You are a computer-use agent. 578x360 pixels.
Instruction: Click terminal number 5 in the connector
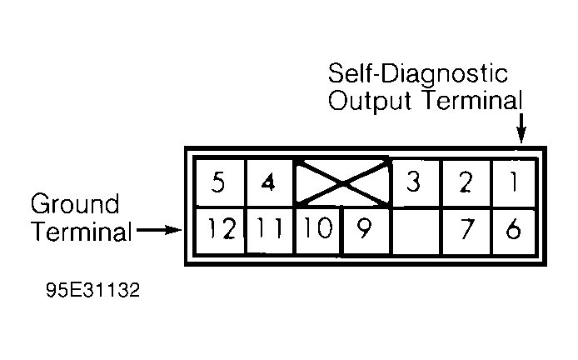coord(220,182)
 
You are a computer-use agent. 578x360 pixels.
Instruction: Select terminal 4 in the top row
coord(269,182)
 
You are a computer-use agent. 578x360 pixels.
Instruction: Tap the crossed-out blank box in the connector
coord(342,182)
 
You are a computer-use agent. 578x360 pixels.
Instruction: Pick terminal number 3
coord(415,182)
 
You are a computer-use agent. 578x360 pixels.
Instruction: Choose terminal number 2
coord(466,182)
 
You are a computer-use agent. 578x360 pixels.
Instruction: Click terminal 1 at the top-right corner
coord(514,182)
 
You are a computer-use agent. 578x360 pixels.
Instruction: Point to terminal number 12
coord(220,231)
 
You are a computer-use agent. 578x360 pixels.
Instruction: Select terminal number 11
coord(269,231)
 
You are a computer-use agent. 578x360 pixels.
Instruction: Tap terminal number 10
coord(318,231)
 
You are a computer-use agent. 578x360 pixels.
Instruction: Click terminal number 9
coord(366,231)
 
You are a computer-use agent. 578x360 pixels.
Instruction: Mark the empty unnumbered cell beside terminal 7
coord(416,232)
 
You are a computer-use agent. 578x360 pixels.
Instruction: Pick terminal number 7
coord(466,232)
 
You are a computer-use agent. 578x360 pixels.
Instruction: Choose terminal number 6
coord(514,232)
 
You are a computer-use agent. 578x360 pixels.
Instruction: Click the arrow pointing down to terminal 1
coord(521,128)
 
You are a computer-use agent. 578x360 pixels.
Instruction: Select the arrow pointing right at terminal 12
coord(159,231)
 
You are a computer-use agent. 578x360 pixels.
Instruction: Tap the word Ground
coord(75,203)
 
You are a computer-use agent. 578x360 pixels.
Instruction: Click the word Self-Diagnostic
coord(418,73)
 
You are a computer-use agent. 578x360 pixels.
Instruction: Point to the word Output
coord(370,100)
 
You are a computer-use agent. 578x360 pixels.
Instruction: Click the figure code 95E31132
coord(93,290)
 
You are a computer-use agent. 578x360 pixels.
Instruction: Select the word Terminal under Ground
coord(82,232)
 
